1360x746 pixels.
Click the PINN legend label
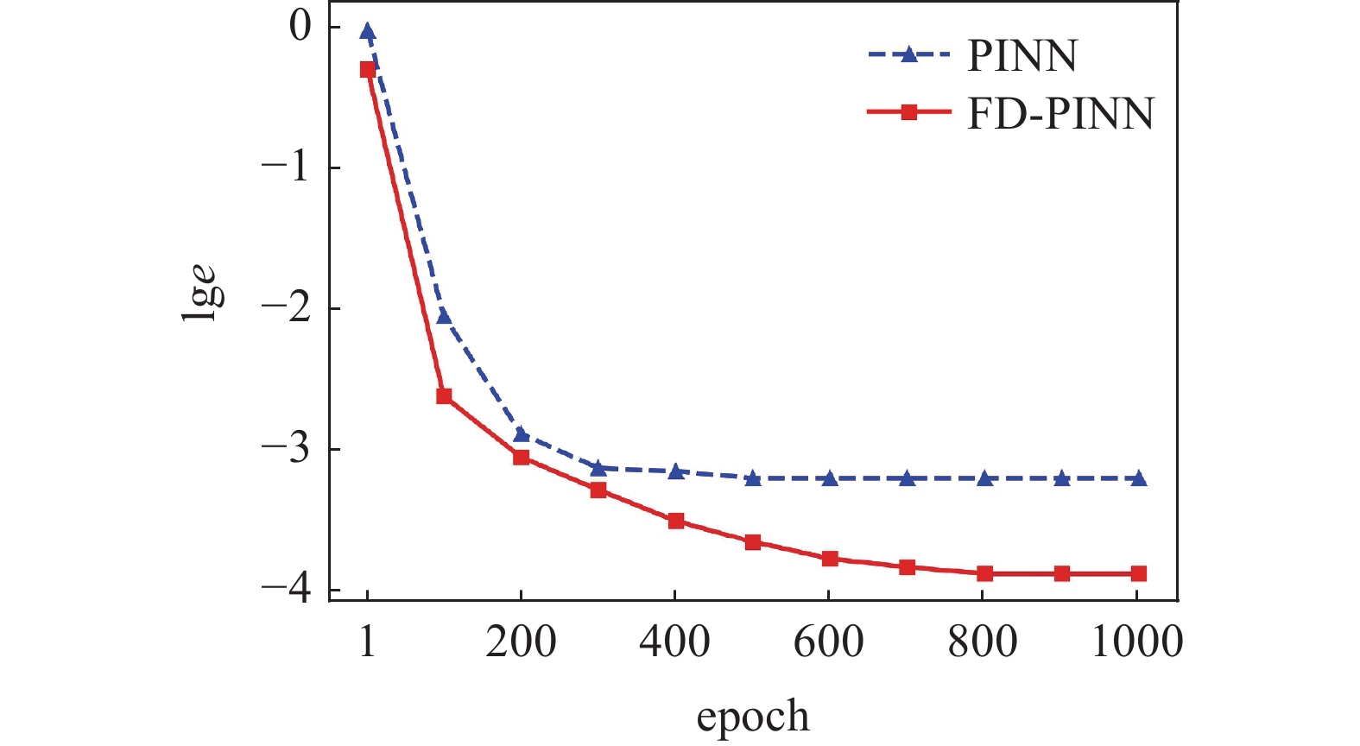[1022, 56]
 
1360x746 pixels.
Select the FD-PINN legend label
[1060, 113]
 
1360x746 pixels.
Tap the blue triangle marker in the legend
[908, 55]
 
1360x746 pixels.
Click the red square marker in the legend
[908, 112]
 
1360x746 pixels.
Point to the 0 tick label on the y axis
[300, 26]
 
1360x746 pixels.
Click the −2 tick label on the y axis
[287, 307]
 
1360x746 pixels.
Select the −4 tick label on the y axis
[287, 589]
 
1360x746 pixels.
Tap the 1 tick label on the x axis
[368, 642]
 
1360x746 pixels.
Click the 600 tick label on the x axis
[828, 642]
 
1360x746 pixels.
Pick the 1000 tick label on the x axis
[1137, 642]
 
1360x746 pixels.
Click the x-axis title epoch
[753, 717]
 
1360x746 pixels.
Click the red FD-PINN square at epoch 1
[368, 69]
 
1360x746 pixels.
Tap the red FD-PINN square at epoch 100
[444, 396]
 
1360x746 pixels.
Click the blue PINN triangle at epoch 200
[521, 434]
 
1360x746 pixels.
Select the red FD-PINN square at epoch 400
[676, 521]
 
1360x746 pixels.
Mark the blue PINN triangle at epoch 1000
[1138, 478]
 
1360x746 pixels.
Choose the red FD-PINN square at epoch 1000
[1138, 573]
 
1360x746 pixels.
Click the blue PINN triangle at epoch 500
[753, 478]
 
